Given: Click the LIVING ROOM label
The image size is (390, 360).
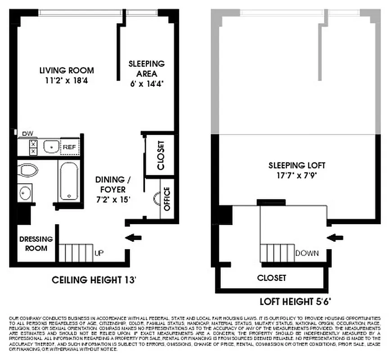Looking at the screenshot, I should coord(67,70).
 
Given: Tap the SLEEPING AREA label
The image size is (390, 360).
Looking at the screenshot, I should coord(146,68).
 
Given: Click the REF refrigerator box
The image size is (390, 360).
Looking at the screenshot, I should coord(69,147).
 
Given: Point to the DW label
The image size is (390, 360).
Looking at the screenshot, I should coord(28,133).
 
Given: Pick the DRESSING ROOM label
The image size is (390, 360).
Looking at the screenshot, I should coord(36,243).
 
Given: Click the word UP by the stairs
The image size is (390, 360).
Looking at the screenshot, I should coord(99,253).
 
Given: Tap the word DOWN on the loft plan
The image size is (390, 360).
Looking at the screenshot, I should coord(307,253).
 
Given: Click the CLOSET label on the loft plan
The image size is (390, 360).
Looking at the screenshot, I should coord(271,278).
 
